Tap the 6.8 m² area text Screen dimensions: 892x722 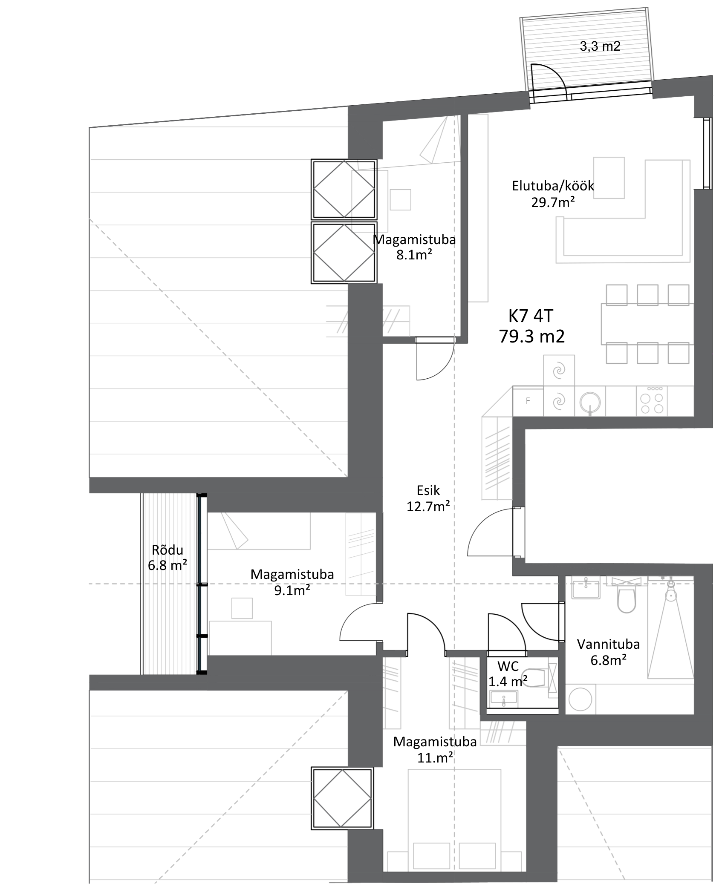(x=167, y=565)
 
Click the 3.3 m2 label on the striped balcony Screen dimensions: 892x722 (x=599, y=47)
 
